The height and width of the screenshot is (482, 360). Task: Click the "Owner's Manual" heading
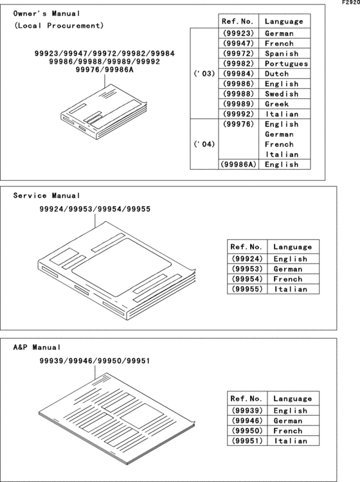[x=47, y=13]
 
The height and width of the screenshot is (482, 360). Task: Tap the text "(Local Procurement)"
[x=58, y=26]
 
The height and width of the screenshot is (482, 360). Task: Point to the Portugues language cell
[x=286, y=64]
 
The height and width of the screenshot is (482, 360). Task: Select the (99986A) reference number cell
[x=238, y=165]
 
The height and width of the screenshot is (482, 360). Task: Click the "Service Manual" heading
[x=47, y=195]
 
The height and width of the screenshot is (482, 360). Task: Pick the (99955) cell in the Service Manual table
[x=247, y=289]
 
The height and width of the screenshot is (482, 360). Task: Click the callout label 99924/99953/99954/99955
[x=94, y=210]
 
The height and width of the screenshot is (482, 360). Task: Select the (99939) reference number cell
[x=247, y=411]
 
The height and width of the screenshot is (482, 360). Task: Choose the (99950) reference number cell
[x=247, y=431]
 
